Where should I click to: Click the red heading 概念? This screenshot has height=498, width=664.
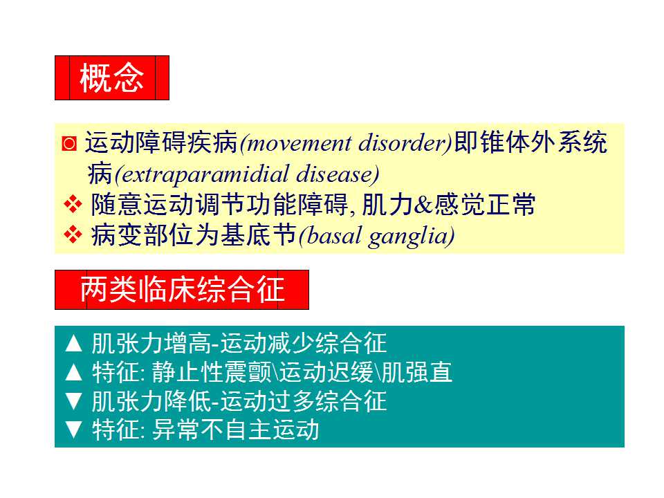(x=112, y=78)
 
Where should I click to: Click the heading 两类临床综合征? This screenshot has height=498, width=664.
(x=182, y=290)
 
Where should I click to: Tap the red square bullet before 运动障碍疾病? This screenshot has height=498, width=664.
(x=69, y=144)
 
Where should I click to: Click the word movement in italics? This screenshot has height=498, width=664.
(x=299, y=143)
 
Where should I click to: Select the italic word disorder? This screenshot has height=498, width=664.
(x=403, y=143)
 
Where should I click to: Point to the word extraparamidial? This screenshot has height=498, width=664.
(x=205, y=175)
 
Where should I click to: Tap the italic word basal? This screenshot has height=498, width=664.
(x=334, y=235)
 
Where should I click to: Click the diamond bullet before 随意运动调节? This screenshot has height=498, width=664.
(x=73, y=204)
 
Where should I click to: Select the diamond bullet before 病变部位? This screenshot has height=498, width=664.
(x=73, y=234)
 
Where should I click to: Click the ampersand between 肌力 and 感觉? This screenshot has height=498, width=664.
(x=423, y=205)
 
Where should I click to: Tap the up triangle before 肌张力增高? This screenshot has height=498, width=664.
(x=74, y=344)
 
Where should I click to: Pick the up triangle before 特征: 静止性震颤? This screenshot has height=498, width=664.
(x=74, y=372)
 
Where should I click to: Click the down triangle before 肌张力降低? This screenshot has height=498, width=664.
(x=74, y=401)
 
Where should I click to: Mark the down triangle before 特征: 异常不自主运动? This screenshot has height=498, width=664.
(x=74, y=430)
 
